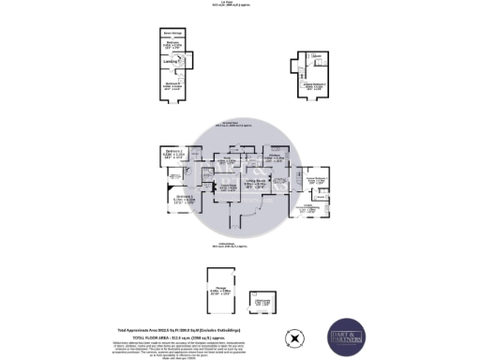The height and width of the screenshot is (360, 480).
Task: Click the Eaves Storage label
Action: (x=173, y=34)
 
